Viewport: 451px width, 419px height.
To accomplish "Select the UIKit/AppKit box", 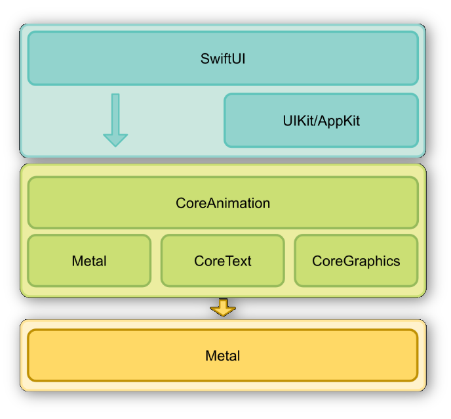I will [x=321, y=120].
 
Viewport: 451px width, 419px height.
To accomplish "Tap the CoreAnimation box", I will [x=223, y=203].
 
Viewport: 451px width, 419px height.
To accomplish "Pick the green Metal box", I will [x=89, y=261].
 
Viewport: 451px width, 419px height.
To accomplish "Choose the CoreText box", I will [x=223, y=261].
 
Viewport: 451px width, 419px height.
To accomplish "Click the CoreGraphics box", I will [x=356, y=261].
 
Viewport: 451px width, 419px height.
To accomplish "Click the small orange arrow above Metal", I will [x=223, y=307].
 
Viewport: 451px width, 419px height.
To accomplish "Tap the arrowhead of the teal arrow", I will [x=115, y=139].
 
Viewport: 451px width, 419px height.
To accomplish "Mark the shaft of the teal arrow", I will [x=115, y=112].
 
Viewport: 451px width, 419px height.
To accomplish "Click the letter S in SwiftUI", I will [x=205, y=58].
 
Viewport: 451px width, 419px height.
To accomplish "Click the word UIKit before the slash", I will [x=297, y=121].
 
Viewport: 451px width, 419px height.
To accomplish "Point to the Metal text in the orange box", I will [x=223, y=356].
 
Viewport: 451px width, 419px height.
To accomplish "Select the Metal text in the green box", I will [x=89, y=261].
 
